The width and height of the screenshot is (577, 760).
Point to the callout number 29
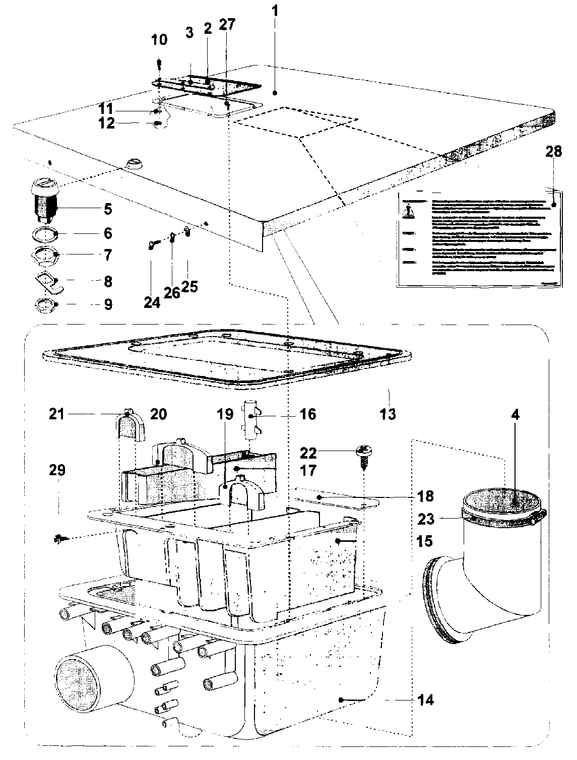pos(57,470)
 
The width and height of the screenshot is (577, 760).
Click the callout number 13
pos(388,414)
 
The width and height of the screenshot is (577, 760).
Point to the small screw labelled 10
pos(160,65)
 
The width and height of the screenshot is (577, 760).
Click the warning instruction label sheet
pos(478,239)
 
